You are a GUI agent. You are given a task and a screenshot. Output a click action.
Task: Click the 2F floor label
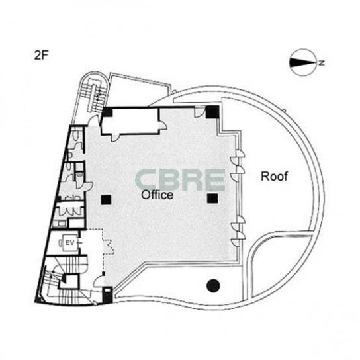(41, 56)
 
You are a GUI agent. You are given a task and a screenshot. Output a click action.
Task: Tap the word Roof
(274, 176)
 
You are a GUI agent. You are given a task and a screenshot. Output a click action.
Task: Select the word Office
(157, 195)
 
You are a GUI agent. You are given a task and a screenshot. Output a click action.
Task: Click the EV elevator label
(70, 242)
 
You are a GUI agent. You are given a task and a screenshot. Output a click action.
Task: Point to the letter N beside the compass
(322, 62)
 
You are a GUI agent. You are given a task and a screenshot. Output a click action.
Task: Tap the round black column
(213, 285)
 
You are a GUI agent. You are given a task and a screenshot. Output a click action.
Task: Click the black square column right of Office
(212, 199)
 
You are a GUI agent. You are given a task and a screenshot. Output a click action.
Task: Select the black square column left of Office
(106, 200)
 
